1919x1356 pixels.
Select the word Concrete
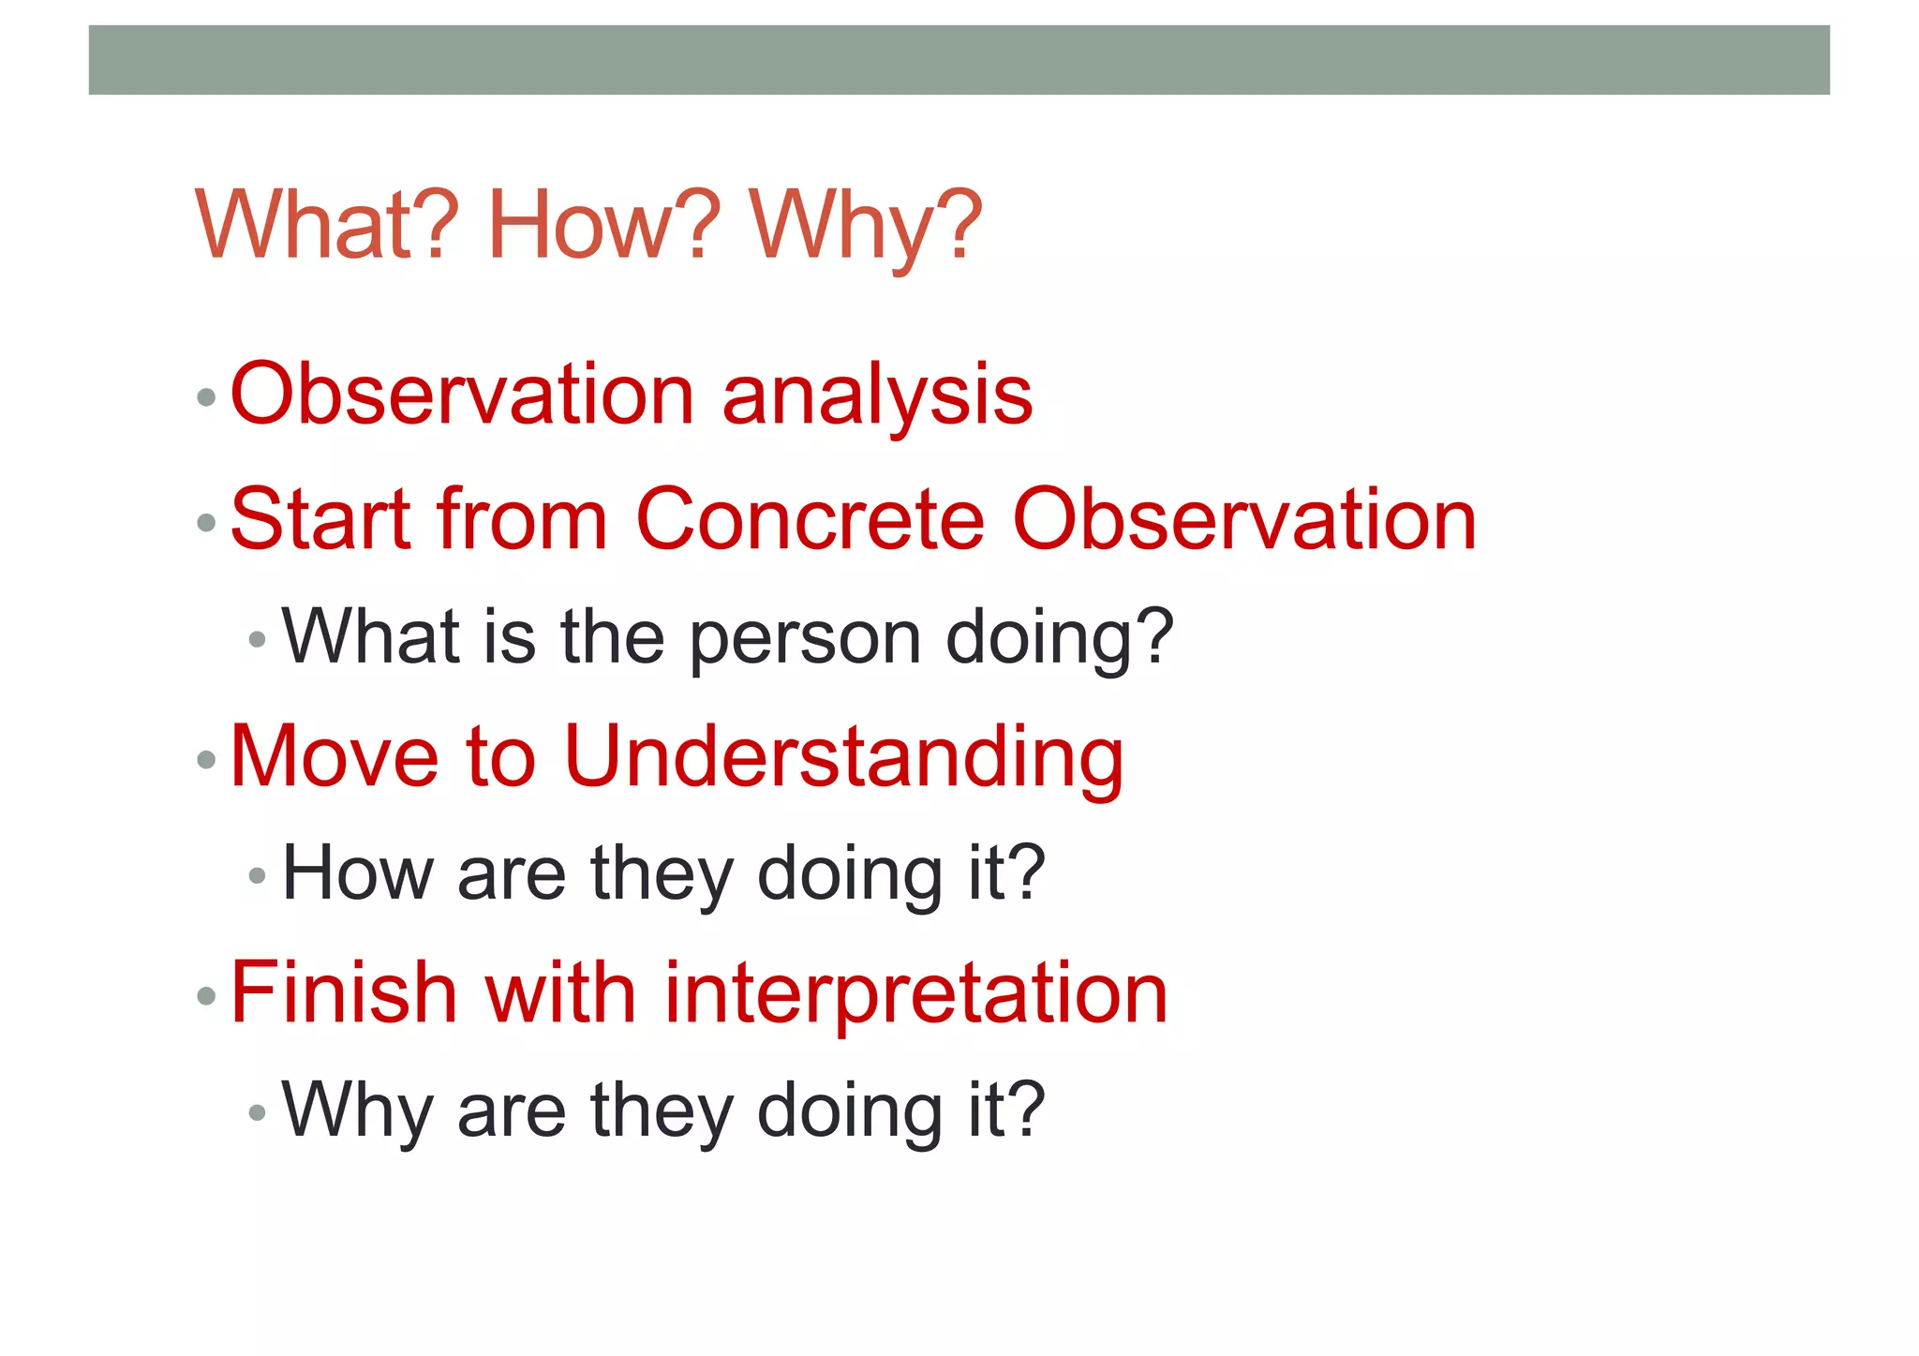[811, 520]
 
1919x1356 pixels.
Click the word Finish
[343, 993]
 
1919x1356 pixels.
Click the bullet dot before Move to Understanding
[207, 760]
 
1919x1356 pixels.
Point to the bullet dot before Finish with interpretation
[207, 996]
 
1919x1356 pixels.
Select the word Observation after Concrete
[1245, 520]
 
